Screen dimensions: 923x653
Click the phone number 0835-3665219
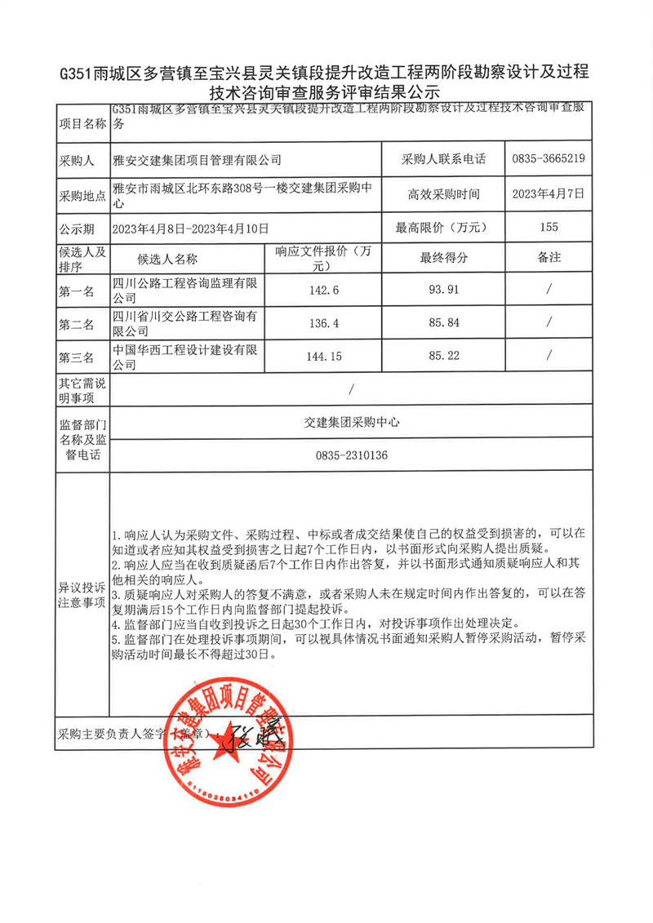tap(549, 159)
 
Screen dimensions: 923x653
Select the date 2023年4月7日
tap(549, 194)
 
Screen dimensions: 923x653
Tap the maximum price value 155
tap(549, 228)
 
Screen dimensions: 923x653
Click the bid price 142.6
tap(324, 290)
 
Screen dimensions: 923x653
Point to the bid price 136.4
tap(324, 323)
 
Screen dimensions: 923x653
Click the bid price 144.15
tap(324, 357)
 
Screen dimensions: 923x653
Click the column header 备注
tap(549, 258)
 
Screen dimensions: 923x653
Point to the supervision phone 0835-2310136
tap(351, 455)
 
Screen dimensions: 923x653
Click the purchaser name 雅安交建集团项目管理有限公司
tap(196, 160)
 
